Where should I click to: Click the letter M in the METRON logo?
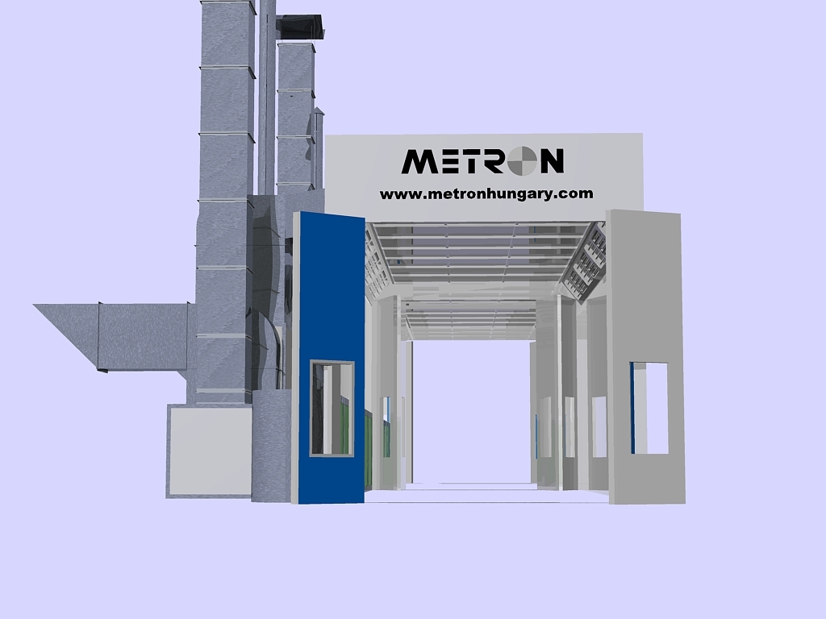[x=419, y=161]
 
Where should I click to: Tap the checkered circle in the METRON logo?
[x=522, y=160]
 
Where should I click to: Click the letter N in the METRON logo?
[x=551, y=161]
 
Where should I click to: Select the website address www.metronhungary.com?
[x=486, y=193]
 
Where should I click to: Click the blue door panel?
[x=329, y=358]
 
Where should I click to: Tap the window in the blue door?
[x=332, y=409]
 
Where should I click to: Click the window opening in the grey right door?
[x=649, y=408]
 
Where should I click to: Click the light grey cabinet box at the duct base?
[x=209, y=451]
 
